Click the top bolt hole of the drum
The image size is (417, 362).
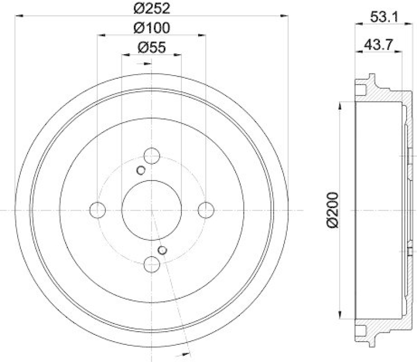coord(152,155)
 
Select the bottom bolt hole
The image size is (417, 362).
coord(152,264)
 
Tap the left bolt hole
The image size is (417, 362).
coord(97,210)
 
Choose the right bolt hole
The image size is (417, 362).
coord(206,210)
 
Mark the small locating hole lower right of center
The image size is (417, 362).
coord(163,250)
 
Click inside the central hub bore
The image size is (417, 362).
coord(152,210)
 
